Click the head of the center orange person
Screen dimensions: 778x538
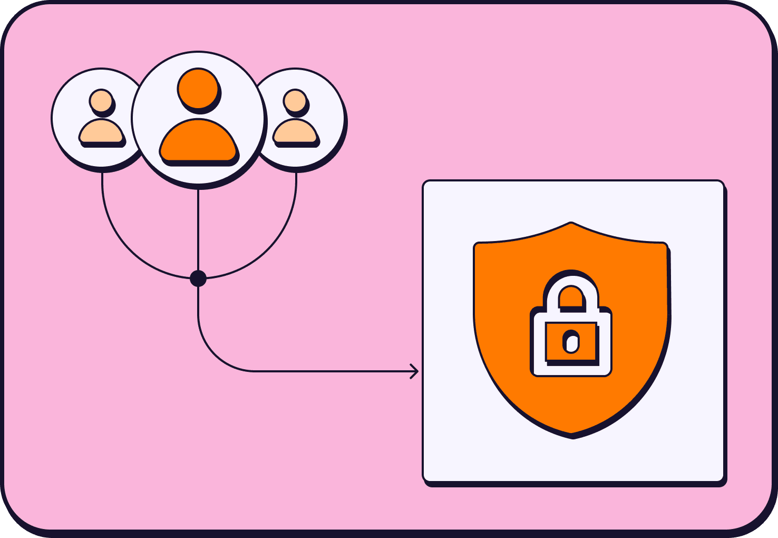198,88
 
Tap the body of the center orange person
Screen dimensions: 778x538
198,141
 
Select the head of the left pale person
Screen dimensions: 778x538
101,101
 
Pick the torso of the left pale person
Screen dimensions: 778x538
101,132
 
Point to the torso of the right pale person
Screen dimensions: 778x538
295,132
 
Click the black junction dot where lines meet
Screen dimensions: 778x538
198,278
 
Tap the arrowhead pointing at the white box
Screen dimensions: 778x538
415,371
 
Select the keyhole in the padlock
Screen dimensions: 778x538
571,341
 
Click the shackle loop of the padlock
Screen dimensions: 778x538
571,287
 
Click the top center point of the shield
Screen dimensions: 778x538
571,224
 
